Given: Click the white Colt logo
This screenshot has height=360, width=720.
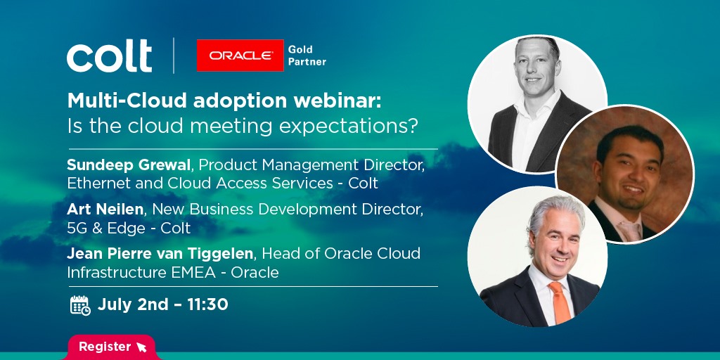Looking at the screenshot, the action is pos(109,56).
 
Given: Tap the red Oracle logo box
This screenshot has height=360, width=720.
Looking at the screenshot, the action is pos(240,56).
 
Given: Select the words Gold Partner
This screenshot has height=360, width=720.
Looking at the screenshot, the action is pos(307,56).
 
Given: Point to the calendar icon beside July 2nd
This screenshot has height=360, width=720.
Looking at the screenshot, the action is pos(80,305).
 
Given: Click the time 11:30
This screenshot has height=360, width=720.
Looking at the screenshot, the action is pos(208,304).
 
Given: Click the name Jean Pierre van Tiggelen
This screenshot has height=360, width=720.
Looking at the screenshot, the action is pos(160,254).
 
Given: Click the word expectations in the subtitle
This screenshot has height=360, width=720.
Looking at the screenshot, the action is pos(349,127).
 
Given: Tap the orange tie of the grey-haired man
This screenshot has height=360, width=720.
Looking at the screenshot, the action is pos(560,302).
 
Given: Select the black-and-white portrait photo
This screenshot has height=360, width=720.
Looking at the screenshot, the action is pos(536,105).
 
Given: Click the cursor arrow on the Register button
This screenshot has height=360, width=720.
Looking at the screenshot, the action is pos(141,347).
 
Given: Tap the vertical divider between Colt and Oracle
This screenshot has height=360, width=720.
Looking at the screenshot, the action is pos(174,56).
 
